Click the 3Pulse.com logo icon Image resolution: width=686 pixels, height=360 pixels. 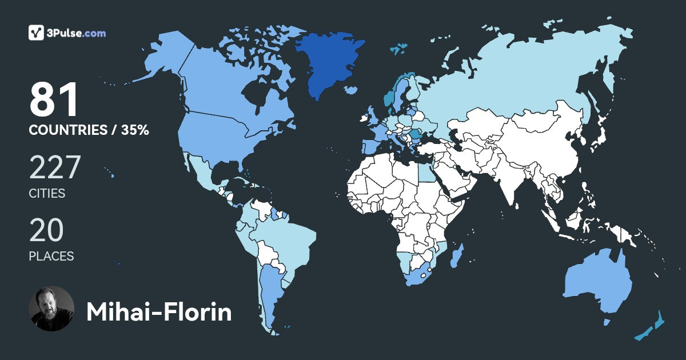[37, 33]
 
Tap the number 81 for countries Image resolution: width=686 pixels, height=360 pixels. [54, 101]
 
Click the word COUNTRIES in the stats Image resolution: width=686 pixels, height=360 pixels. [67, 130]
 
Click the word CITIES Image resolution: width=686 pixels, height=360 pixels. [47, 194]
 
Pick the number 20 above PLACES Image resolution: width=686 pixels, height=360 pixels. [46, 231]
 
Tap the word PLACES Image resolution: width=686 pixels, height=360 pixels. [51, 257]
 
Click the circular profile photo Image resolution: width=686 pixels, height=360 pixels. [51, 309]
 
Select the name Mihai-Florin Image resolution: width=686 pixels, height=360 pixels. [159, 313]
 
